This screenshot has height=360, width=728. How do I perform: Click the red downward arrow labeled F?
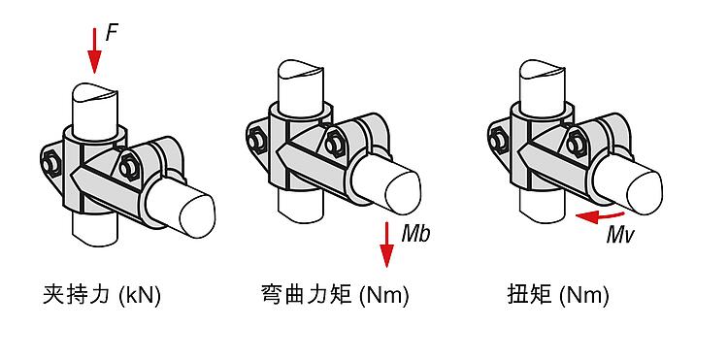(95, 50)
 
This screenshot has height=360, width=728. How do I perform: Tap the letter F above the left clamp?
(112, 33)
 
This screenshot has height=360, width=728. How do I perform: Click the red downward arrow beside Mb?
(386, 245)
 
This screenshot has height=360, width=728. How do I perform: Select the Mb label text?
(416, 234)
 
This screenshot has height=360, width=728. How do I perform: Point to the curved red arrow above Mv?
(600, 215)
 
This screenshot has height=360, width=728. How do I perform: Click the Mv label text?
(620, 235)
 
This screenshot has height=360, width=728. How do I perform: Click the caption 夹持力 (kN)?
(102, 296)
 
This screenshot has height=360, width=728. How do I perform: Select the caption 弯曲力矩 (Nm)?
(335, 296)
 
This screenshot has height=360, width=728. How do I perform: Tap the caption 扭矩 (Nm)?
(557, 296)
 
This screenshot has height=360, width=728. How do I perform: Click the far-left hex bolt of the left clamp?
(50, 164)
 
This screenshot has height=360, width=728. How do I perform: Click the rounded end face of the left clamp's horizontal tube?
(197, 216)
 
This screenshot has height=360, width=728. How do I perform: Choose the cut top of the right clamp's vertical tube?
(543, 68)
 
